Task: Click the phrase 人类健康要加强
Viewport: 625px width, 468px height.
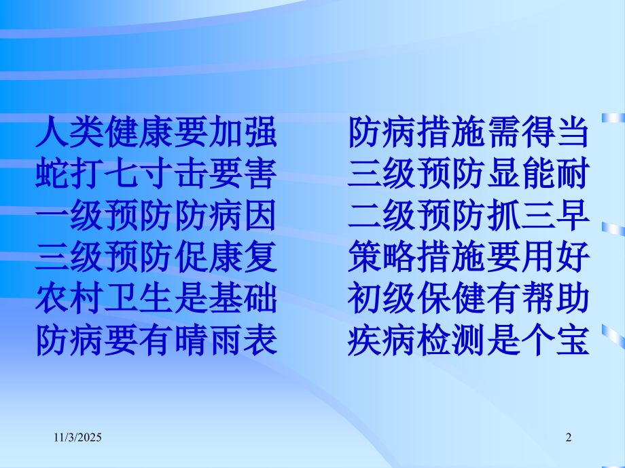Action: [156, 132]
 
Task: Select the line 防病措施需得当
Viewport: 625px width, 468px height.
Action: [468, 132]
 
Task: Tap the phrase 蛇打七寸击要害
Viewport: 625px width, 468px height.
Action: [156, 174]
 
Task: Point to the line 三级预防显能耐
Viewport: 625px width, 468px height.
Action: [468, 174]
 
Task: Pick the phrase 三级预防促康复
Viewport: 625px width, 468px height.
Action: [156, 257]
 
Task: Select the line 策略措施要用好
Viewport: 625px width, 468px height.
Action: [468, 257]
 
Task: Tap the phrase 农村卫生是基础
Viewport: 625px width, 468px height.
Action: [156, 298]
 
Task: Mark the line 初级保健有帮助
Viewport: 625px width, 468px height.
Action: [468, 298]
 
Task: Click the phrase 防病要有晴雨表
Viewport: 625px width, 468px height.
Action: [156, 340]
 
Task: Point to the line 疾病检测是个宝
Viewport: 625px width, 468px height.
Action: [468, 340]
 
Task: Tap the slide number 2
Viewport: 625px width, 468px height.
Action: [569, 440]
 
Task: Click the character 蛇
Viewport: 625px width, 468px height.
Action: [52, 174]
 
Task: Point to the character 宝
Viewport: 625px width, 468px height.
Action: [571, 340]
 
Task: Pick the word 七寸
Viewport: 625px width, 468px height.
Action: [139, 174]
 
